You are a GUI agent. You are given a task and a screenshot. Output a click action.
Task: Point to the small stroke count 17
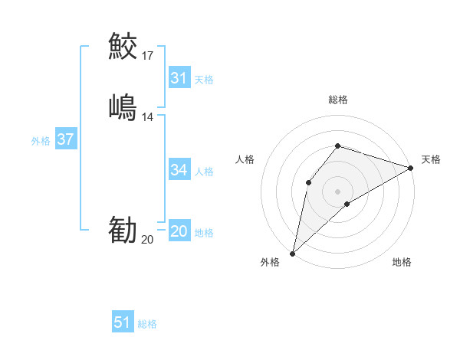click(148, 55)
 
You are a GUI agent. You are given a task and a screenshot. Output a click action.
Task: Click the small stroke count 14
click(148, 117)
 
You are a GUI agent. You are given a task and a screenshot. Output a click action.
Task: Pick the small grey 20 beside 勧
click(148, 240)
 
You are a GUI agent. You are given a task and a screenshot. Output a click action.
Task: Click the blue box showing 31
click(179, 78)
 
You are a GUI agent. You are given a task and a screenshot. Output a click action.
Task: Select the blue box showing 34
click(179, 170)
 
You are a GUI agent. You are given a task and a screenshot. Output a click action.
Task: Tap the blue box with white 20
click(179, 232)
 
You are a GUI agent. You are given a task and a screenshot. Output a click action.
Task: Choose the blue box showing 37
click(65, 139)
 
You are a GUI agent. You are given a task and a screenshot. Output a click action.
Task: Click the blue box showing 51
click(123, 322)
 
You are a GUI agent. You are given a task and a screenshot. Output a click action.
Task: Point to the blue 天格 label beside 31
click(204, 79)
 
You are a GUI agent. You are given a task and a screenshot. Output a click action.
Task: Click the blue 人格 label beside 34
click(204, 171)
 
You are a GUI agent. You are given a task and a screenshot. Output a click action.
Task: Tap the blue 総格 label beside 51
click(147, 324)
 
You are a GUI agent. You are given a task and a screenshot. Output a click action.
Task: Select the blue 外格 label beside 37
click(41, 141)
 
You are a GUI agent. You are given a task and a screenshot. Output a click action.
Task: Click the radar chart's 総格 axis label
click(338, 100)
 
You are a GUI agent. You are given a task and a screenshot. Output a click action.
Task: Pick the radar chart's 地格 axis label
click(402, 263)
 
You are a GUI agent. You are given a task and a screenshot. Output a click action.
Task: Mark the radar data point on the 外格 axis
click(292, 254)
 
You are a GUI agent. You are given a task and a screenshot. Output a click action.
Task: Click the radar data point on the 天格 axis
click(411, 169)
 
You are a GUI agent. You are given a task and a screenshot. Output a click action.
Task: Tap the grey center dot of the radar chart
click(338, 191)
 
